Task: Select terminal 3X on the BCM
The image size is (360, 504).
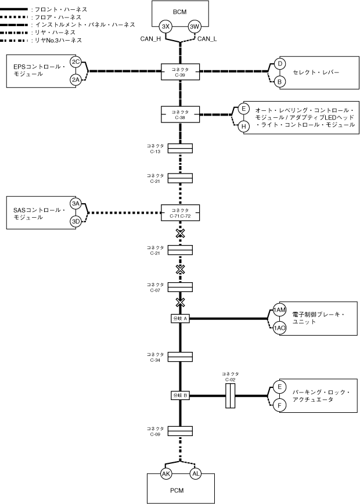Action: click(165, 26)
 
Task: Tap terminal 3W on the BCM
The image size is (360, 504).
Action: click(195, 26)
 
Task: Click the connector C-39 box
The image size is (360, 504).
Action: click(180, 71)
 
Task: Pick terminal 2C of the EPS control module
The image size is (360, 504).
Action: click(75, 62)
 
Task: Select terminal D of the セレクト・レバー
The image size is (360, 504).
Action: click(279, 63)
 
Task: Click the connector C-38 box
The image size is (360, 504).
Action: click(180, 114)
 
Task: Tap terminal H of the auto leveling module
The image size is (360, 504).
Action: click(244, 126)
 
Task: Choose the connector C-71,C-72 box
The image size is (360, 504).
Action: click(180, 213)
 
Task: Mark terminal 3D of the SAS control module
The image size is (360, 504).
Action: click(75, 221)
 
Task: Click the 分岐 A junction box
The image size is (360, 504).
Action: click(180, 318)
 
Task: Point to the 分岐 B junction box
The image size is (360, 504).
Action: click(180, 395)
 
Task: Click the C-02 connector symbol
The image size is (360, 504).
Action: click(230, 395)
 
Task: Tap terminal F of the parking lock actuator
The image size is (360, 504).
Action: click(279, 405)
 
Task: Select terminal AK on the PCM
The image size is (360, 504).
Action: click(165, 474)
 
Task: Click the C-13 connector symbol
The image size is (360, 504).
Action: click(180, 149)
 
